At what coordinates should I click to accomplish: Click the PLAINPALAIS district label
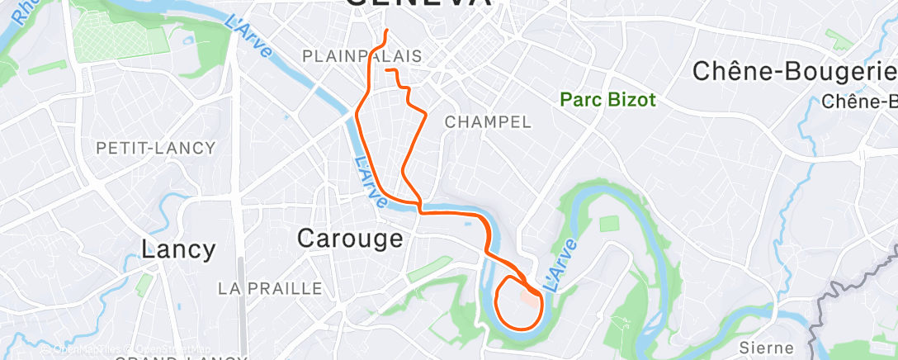[362, 56]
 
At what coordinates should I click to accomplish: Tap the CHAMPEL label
[487, 121]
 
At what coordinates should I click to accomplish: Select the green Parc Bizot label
[607, 100]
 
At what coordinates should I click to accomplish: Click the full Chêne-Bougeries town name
[794, 71]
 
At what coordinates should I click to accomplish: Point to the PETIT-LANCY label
[156, 148]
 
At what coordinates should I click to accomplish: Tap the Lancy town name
[178, 249]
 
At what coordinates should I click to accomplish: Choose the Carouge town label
[350, 239]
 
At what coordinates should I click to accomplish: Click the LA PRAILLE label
[270, 288]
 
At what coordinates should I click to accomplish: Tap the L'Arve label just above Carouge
[370, 182]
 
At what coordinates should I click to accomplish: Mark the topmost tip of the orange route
[387, 31]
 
